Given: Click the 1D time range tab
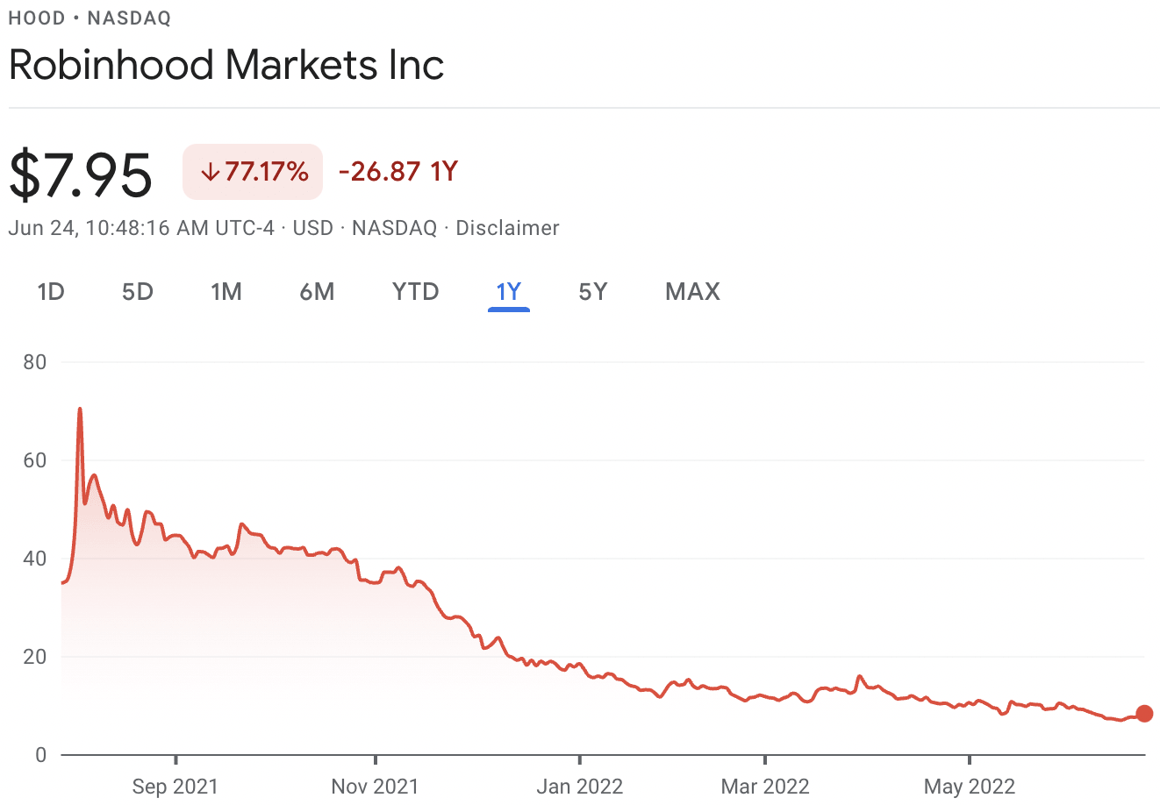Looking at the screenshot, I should coord(51,291).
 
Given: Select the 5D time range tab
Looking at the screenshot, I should coord(138,291).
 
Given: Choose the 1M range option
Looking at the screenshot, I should coord(226,291).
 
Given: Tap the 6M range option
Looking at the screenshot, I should coord(317,291).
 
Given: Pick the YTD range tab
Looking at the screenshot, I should coord(415,291).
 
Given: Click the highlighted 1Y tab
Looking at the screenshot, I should coord(509,291).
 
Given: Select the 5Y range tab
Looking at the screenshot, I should coord(593,291).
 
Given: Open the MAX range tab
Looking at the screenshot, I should coord(692,291).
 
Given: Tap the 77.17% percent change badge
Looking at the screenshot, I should coord(253,172).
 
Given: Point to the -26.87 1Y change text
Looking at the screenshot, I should coord(398,171).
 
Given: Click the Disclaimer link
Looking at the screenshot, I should coord(507,228).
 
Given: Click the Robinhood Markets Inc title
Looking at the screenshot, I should coord(226,65).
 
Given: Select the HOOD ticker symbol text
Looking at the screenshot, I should coord(36,18).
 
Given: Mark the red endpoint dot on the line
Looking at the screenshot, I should coord(1144,714).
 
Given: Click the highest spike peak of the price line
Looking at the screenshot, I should coord(80,410).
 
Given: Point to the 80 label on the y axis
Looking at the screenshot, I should coord(35,362).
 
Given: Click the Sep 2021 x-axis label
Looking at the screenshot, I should coord(175,786).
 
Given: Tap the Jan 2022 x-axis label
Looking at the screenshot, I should coord(579,786).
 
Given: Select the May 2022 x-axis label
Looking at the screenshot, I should coord(969,786).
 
